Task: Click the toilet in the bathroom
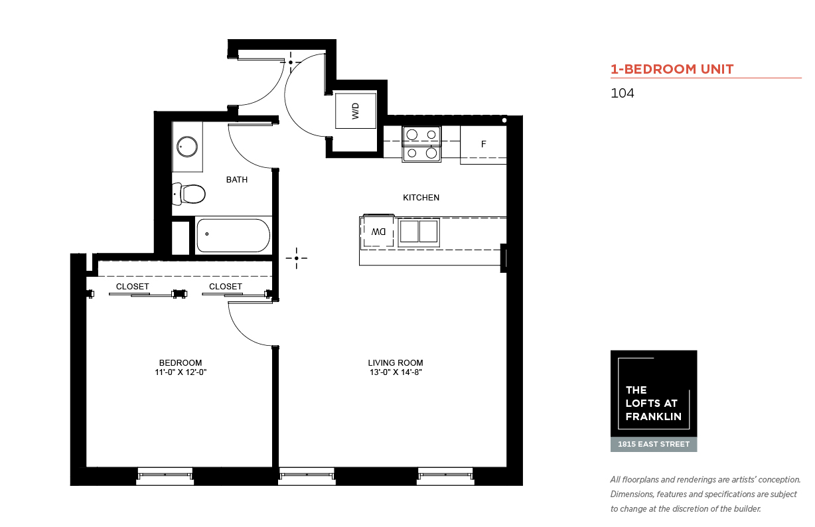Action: coord(188,194)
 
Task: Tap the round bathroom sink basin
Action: coord(187,147)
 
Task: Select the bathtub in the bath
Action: coord(233,236)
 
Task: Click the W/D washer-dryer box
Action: coord(356,111)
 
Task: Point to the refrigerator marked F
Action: coord(483,145)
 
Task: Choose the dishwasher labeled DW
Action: coord(378,232)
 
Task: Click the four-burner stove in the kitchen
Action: coord(421,144)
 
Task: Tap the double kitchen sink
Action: coord(419,232)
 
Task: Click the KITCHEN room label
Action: coord(421,198)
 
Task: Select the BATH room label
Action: coord(237,179)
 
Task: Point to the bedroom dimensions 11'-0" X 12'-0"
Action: coord(181,372)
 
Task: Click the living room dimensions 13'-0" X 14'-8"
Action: coord(396,372)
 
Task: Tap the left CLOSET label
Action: coord(133,287)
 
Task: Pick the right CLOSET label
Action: coord(226,287)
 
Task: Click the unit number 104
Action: coord(622,93)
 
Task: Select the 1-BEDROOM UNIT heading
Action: coord(672,69)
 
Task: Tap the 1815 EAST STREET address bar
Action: coord(654,445)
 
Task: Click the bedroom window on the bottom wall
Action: coord(165,476)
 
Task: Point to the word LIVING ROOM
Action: coord(396,363)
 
